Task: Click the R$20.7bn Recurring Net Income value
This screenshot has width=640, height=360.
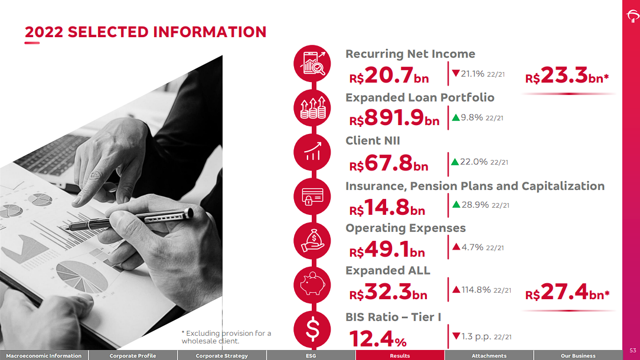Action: (389, 77)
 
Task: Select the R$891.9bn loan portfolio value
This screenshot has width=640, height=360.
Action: (394, 119)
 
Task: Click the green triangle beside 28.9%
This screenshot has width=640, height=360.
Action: (456, 205)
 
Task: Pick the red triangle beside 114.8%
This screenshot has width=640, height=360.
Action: (456, 290)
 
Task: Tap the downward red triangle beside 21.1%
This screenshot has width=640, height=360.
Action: (456, 74)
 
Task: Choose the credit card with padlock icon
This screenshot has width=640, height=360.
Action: (312, 197)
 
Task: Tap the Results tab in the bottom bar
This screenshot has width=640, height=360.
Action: (400, 356)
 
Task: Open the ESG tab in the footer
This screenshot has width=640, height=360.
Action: (311, 356)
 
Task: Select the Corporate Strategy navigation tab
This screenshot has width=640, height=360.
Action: (222, 356)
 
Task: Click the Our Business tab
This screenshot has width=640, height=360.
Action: (578, 356)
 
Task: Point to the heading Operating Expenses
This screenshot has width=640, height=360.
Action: (406, 228)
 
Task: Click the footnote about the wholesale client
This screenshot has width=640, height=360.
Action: (226, 337)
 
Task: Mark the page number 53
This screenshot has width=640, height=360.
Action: (633, 351)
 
